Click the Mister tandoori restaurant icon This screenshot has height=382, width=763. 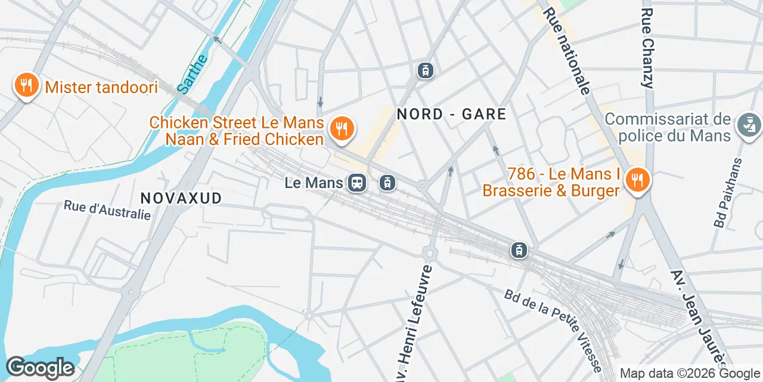point(26,86)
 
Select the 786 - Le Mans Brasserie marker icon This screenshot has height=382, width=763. point(637,181)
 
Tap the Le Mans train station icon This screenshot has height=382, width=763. point(357,183)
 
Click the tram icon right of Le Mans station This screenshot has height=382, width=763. point(387,183)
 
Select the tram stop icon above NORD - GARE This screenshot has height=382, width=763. point(425,70)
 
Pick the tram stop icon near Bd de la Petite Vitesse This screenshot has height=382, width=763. point(519,250)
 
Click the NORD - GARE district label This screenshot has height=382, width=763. point(451,114)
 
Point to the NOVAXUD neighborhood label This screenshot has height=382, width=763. point(181,198)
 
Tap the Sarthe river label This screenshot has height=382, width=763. point(193,75)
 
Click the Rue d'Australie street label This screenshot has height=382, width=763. point(107,210)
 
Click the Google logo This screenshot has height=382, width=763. point(40,368)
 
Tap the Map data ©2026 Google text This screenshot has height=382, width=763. point(690,373)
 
